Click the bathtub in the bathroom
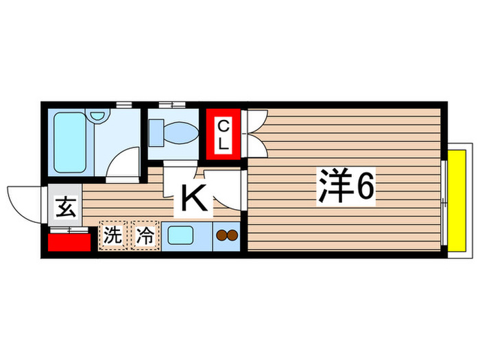[71, 143]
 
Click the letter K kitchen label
[193, 199]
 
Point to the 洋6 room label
[346, 186]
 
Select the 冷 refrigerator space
[144, 236]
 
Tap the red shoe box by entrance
[69, 242]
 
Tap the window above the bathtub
[123, 105]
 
